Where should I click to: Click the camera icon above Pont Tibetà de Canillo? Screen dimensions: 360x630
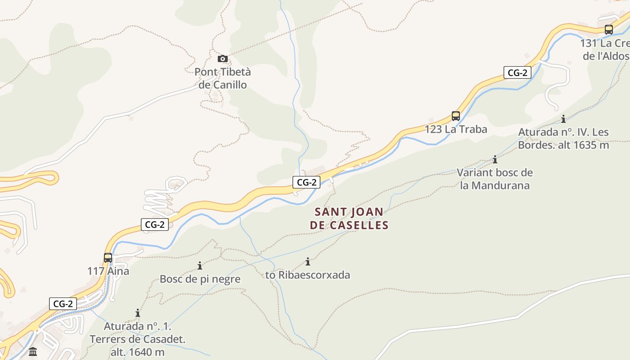(x=222, y=58)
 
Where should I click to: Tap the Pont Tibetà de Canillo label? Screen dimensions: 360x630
(x=223, y=78)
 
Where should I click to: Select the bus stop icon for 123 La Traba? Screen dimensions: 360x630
(x=456, y=116)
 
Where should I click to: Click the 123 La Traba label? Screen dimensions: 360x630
(x=456, y=130)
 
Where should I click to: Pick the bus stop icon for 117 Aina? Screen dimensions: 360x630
(x=108, y=258)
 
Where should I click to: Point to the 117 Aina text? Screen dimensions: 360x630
(x=108, y=271)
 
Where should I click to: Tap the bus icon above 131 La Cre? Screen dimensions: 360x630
(x=609, y=30)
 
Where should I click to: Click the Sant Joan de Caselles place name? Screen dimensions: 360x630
(x=349, y=219)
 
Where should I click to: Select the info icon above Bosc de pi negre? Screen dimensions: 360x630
(x=200, y=265)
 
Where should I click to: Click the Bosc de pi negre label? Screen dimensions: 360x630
(x=200, y=279)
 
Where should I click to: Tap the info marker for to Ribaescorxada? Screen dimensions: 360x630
(x=308, y=261)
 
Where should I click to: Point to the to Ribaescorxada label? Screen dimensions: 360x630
(x=308, y=275)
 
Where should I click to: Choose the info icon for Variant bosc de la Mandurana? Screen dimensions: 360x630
(x=495, y=159)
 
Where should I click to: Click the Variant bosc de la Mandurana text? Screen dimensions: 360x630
(x=495, y=179)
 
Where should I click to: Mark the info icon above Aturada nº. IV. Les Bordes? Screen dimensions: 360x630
(x=563, y=119)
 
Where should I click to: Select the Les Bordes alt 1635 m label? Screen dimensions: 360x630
(x=563, y=139)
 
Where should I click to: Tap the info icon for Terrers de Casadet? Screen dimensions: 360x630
(x=138, y=313)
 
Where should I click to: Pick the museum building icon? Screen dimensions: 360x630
(x=33, y=351)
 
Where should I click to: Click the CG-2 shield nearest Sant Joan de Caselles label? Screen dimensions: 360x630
(x=306, y=182)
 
